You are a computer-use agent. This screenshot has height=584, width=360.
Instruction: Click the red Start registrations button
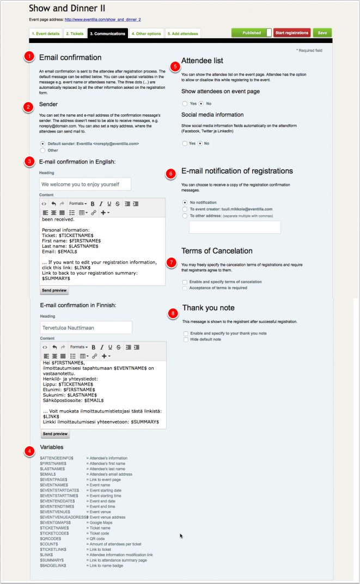(292, 33)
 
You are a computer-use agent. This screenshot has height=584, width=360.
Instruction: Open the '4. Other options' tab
(146, 34)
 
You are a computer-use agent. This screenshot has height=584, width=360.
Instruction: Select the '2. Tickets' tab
(75, 34)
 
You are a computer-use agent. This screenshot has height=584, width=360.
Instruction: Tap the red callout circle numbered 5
(174, 66)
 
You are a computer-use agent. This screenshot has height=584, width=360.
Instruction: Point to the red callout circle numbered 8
(173, 313)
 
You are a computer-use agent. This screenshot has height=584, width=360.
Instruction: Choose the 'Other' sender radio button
(43, 150)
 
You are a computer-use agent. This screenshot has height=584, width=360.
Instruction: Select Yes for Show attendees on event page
(185, 103)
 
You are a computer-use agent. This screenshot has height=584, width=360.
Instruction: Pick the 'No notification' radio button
(185, 202)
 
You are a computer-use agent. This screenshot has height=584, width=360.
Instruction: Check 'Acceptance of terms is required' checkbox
(185, 288)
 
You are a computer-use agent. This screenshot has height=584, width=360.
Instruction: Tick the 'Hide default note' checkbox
(186, 339)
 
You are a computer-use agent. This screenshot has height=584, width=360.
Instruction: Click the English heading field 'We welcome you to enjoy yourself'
(85, 184)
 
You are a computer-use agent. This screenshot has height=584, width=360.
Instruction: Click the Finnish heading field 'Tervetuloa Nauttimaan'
(86, 327)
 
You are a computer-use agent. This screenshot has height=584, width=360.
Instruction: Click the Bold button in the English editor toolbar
(93, 203)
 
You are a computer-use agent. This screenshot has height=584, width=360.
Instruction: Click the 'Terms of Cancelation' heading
(217, 251)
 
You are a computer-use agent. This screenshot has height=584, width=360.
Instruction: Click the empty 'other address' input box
(235, 227)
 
